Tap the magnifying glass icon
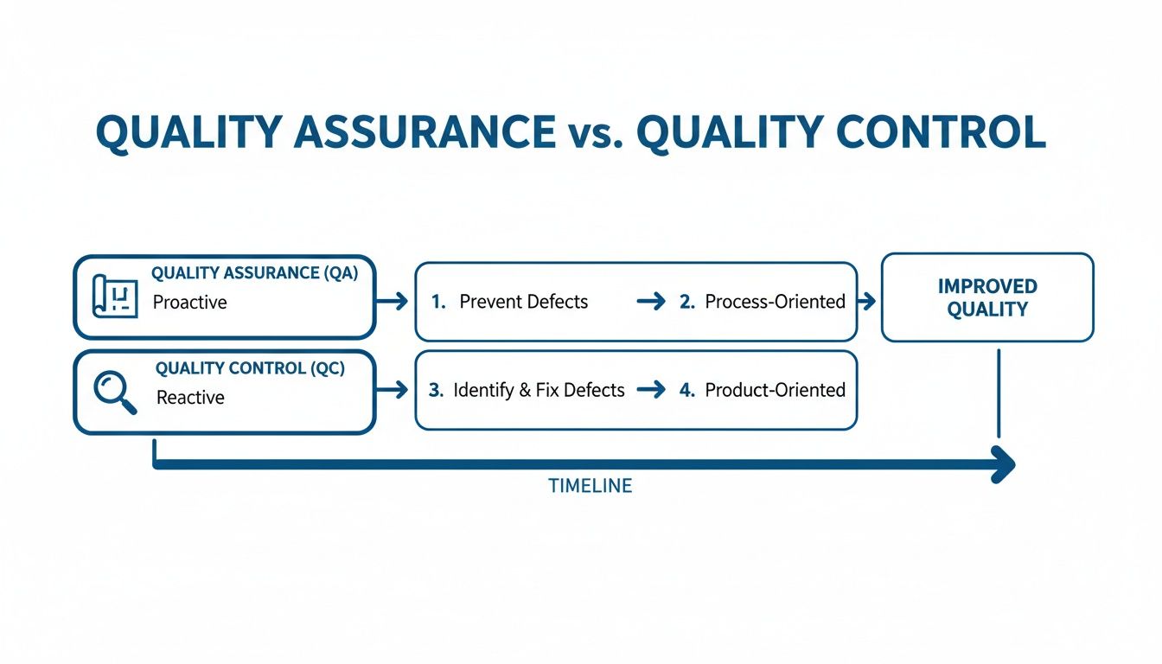114,392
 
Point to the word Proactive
189,303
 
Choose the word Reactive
190,398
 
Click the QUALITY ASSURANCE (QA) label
254,273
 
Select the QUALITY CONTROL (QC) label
250,368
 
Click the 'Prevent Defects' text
523,302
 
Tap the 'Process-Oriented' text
775,302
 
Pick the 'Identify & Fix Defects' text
538,390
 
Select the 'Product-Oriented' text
775,390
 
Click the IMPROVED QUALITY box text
986,297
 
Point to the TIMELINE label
590,486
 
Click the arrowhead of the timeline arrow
1005,464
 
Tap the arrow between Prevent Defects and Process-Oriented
651,302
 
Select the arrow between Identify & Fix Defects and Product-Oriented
651,390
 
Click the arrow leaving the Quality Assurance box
393,301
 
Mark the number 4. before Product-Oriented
687,390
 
